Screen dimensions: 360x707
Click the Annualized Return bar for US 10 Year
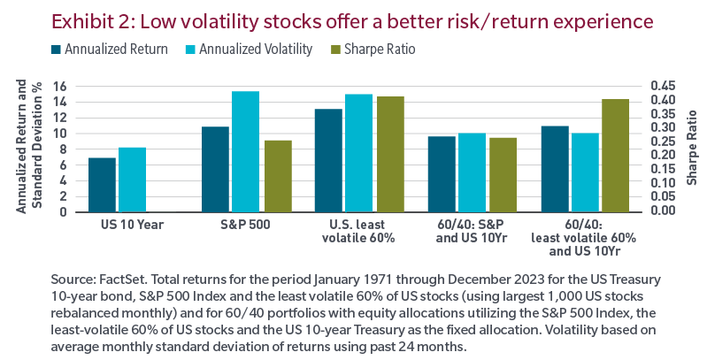[x=102, y=184]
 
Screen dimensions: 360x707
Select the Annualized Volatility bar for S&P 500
[x=245, y=151]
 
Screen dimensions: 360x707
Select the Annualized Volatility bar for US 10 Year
[x=132, y=179]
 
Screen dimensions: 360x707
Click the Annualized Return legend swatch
[x=56, y=50]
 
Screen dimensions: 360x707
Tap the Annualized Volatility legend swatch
[x=189, y=50]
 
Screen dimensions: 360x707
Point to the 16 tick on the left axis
[x=60, y=86]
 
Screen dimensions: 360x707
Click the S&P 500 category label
[x=244, y=225]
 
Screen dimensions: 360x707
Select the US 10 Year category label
[x=117, y=225]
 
